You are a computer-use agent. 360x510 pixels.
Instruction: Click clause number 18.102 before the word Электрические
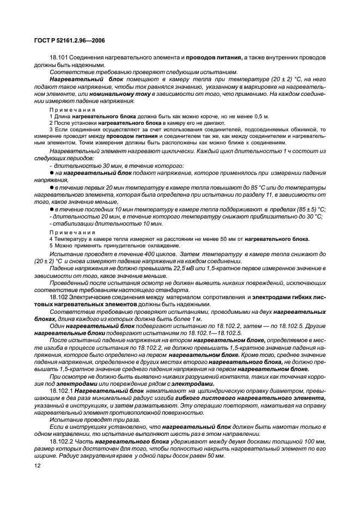[59, 297]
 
